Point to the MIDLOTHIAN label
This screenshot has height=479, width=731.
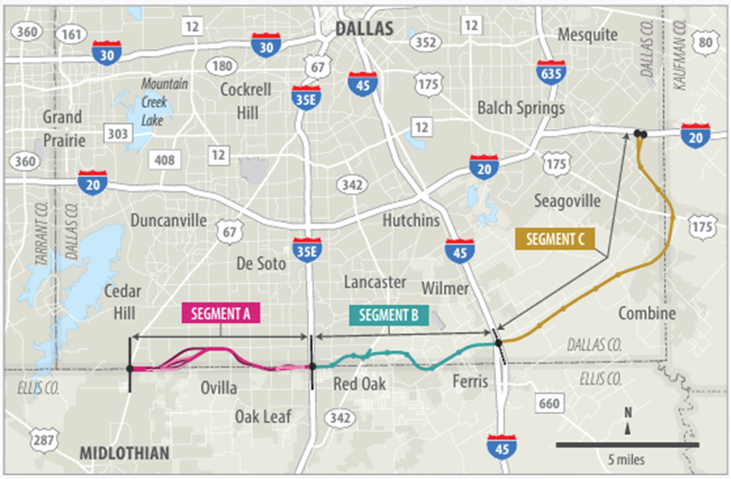pos(125,453)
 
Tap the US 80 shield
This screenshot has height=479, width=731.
pos(706,41)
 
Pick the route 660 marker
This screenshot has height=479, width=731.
pos(547,404)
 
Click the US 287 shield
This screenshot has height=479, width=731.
pos(45,439)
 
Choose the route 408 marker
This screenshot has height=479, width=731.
pos(165,160)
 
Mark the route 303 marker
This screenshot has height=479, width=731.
pos(118,132)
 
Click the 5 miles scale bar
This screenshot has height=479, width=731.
pos(627,444)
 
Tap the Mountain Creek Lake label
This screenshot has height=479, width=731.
pos(165,102)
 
